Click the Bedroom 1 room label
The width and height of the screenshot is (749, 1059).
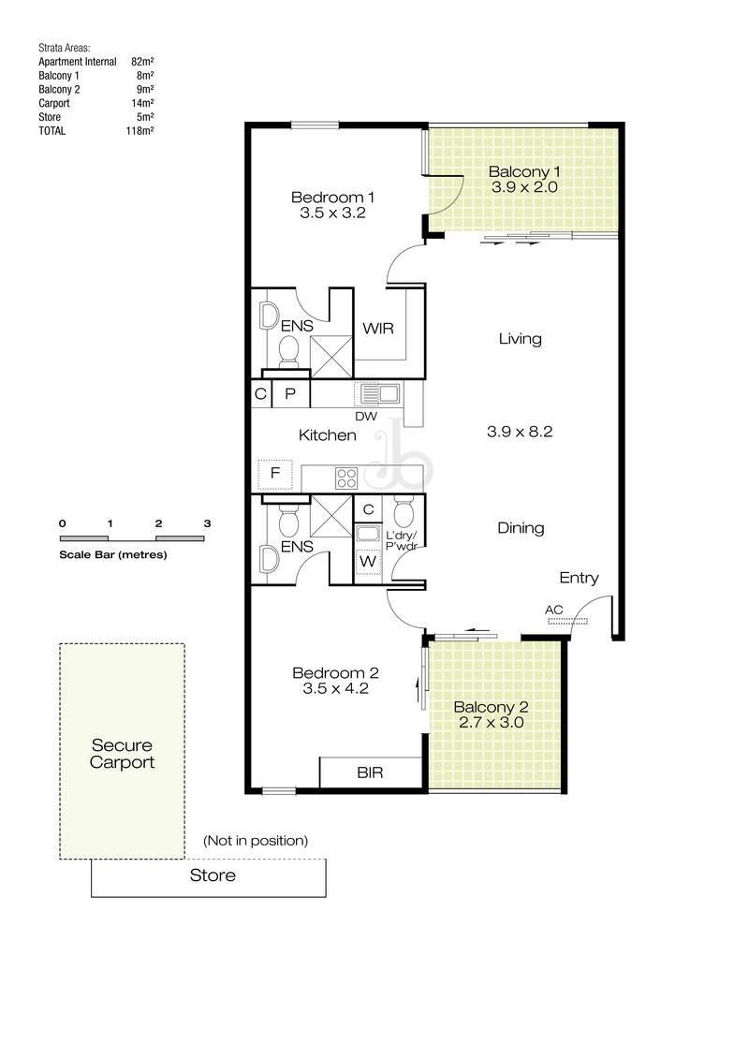332,198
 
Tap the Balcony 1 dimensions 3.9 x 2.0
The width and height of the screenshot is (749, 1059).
524,187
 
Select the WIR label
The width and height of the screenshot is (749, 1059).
377,329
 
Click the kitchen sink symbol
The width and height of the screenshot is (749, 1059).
377,394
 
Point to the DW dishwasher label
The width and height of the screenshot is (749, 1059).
366,417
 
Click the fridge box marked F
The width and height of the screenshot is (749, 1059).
275,474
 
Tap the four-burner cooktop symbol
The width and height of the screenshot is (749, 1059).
346,478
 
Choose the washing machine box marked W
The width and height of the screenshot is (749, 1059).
368,561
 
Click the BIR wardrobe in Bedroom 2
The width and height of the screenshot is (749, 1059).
371,772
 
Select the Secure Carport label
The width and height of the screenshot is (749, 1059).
123,754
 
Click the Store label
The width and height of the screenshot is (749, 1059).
213,876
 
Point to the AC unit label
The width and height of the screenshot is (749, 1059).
554,610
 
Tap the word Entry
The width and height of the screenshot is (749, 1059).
579,578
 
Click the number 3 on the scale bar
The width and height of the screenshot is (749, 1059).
207,523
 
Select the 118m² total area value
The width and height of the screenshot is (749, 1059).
140,131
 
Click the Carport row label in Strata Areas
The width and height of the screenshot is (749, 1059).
54,103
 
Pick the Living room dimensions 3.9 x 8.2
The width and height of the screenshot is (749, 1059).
520,432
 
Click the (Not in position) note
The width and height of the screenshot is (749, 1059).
256,841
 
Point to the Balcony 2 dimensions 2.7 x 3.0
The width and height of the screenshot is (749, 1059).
491,722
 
